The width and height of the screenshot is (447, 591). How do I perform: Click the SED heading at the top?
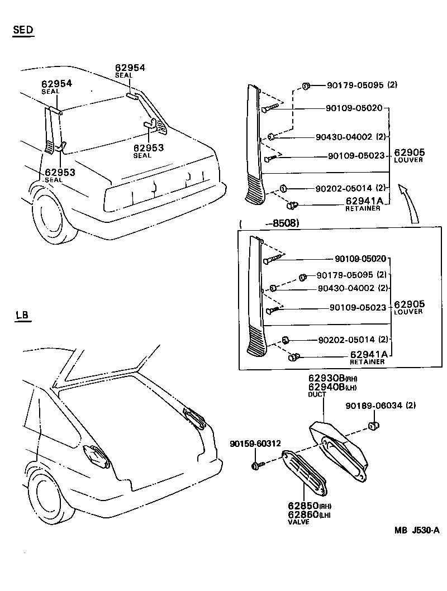[x=23, y=30]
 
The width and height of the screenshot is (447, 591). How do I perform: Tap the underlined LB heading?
[x=22, y=316]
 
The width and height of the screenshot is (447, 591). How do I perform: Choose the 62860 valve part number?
[x=303, y=514]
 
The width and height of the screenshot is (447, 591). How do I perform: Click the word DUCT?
[x=317, y=395]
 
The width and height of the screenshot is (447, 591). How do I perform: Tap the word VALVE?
[x=298, y=522]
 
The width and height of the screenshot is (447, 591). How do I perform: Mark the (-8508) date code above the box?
[x=269, y=223]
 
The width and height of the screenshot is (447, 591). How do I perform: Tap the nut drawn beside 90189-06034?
[x=373, y=427]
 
